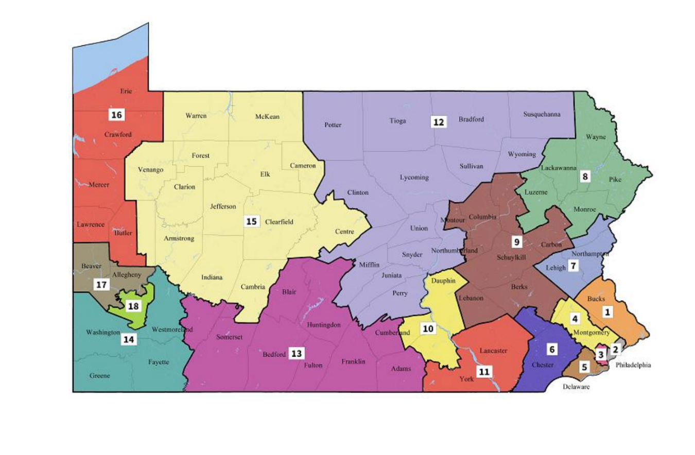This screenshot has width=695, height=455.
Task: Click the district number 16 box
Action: [116, 114]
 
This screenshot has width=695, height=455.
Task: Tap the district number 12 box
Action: [438, 122]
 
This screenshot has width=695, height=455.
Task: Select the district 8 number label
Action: [584, 177]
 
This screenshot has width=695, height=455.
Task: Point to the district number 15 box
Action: [251, 221]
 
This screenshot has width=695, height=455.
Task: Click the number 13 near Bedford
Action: [297, 354]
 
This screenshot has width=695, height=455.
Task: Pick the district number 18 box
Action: [133, 306]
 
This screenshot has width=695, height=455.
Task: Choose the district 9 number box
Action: [516, 241]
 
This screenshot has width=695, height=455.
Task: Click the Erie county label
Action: [126, 91]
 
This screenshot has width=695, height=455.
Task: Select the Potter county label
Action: [333, 125]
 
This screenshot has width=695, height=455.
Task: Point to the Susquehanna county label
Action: [542, 114]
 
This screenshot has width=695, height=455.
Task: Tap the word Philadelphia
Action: [633, 365]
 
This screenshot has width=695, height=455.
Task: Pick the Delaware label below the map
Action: [576, 387]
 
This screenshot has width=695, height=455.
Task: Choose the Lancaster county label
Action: [493, 351]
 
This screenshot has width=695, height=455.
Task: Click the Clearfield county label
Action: [279, 222]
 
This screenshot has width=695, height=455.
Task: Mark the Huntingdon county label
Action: [323, 325]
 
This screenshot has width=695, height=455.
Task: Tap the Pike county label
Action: [615, 180]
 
